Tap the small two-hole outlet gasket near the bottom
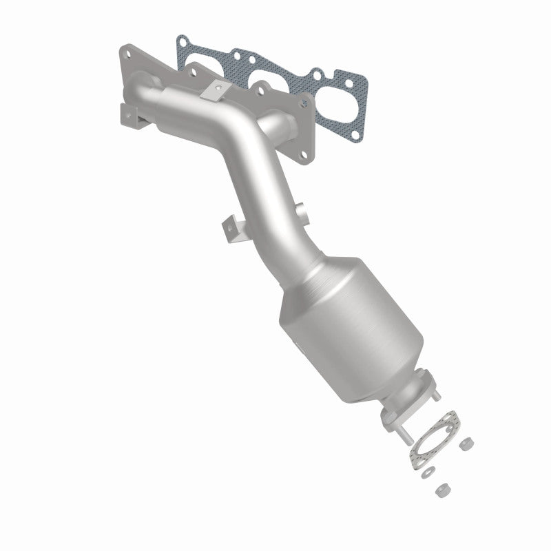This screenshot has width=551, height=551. pos(436,440)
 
